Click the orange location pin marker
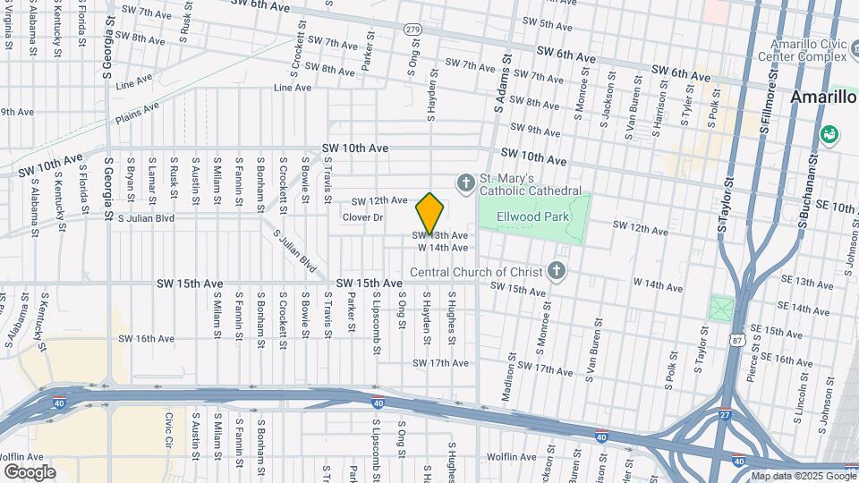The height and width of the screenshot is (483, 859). (x=430, y=213)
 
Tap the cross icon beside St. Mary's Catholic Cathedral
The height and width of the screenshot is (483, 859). (x=465, y=184)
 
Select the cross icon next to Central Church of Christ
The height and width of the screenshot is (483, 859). (x=556, y=272)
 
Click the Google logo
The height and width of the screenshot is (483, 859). (x=30, y=471)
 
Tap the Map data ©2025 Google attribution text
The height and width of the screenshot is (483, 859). (x=803, y=476)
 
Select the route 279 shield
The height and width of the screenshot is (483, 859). (x=412, y=30)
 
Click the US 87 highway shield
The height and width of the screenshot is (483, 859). (x=736, y=341)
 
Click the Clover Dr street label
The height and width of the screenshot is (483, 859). (x=362, y=217)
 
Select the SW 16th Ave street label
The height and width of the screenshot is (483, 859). (x=147, y=339)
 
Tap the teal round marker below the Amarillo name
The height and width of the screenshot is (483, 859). (x=829, y=136)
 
